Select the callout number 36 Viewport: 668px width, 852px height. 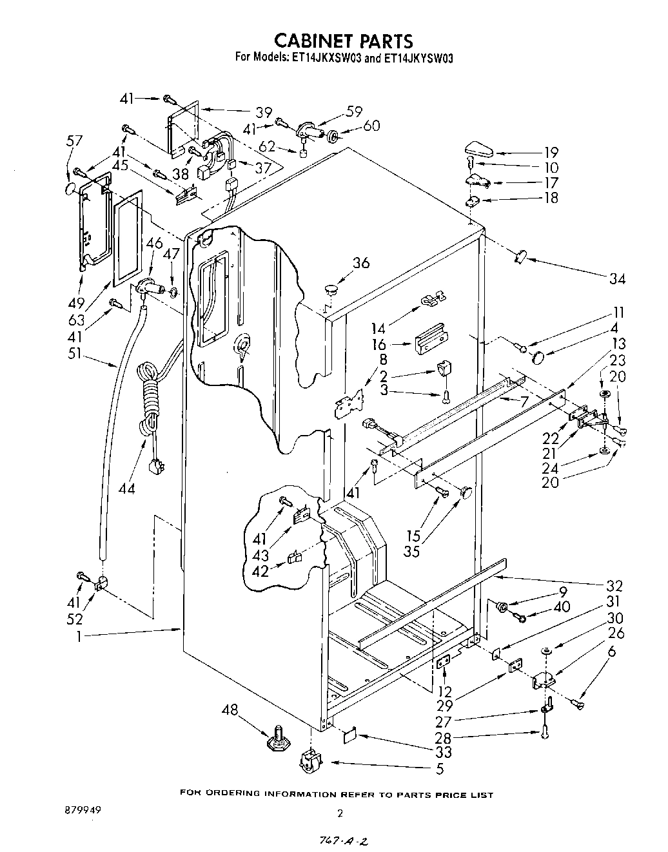[360, 263]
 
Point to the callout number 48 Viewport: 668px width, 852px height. [230, 710]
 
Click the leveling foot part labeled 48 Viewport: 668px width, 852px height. [279, 741]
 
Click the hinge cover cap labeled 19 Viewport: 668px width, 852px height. [477, 152]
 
